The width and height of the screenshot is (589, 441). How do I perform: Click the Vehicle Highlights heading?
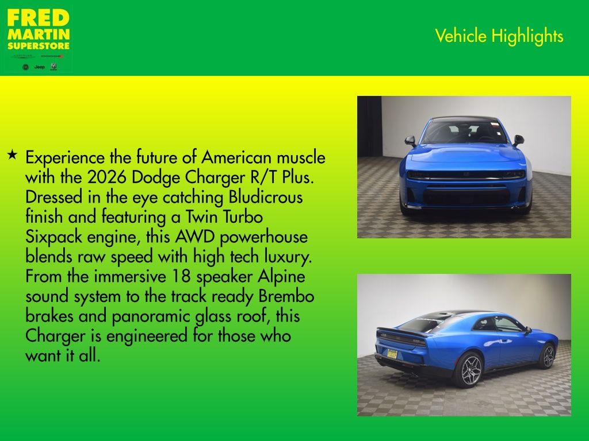pyautogui.click(x=499, y=36)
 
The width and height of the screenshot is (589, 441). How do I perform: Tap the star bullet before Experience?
pyautogui.click(x=12, y=154)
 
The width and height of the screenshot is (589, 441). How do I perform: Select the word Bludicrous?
pyautogui.click(x=265, y=197)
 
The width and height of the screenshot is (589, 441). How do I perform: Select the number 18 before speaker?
pyautogui.click(x=182, y=276)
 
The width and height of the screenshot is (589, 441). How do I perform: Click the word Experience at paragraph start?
pyautogui.click(x=65, y=157)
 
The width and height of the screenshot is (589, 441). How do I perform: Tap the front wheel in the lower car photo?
pyautogui.click(x=547, y=356)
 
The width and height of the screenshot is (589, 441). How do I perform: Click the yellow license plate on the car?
pyautogui.click(x=393, y=354)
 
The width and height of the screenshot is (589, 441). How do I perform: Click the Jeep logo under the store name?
pyautogui.click(x=39, y=67)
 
